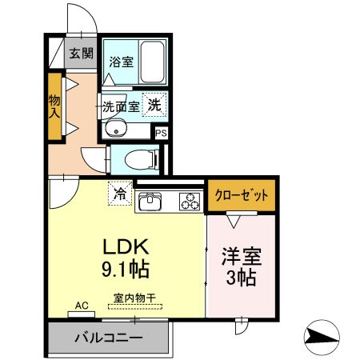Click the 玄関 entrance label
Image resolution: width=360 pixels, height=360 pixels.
pos(80,54)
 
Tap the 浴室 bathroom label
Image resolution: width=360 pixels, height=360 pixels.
pos(122,61)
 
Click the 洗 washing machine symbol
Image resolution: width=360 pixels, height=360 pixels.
pos(157,102)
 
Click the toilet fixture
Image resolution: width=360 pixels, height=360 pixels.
pos(145,159)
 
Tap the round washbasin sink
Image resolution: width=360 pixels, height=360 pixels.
pos(117,130)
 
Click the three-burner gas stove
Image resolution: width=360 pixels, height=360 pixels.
pos(190,202)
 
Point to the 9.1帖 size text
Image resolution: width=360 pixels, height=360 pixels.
pos(125,268)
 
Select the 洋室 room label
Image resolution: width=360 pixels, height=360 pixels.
pos(241,258)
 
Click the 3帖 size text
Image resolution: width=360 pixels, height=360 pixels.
pos(241,279)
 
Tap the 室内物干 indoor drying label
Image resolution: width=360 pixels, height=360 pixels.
pos(134,297)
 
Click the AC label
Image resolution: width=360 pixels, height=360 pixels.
pos(81,306)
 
